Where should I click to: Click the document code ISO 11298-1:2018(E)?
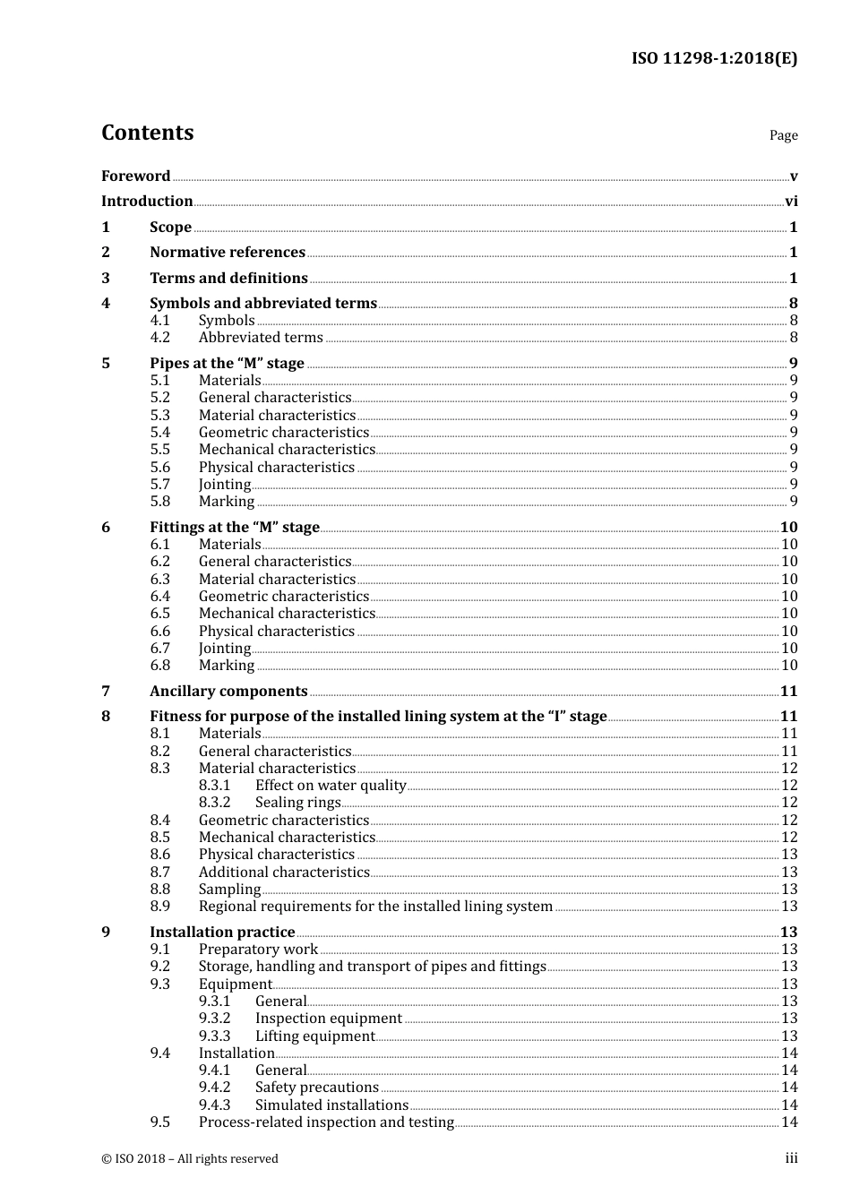(x=714, y=59)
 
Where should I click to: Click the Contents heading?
(x=147, y=133)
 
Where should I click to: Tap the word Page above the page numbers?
(x=783, y=135)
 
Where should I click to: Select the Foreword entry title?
(x=135, y=176)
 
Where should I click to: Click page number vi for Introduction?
(x=791, y=202)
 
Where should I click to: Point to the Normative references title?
(x=228, y=253)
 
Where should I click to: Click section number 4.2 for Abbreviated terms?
(x=159, y=338)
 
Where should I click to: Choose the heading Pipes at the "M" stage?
(x=227, y=363)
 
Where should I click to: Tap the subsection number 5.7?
(x=159, y=485)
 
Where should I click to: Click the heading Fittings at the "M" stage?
(x=234, y=528)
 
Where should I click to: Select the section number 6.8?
(x=159, y=666)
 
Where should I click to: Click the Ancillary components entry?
(x=228, y=692)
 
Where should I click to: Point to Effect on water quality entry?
(x=331, y=786)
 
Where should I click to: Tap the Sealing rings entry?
(x=297, y=803)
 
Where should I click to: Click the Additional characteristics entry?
(x=284, y=873)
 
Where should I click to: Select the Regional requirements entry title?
(x=375, y=907)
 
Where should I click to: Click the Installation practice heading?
(x=222, y=933)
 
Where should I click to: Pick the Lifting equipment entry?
(x=314, y=1036)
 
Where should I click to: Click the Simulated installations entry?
(x=331, y=1105)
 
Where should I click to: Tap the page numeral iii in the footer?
(x=791, y=1158)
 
